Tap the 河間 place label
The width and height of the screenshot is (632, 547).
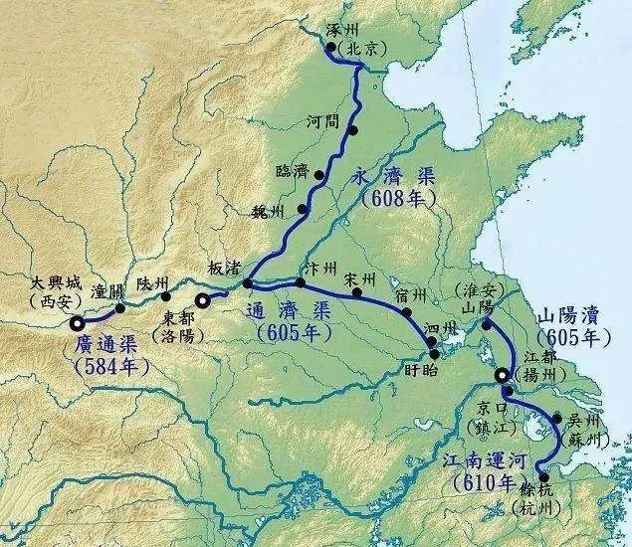tap(324, 120)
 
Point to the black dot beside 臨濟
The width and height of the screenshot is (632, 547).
tap(319, 175)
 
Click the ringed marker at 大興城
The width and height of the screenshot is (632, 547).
tap(78, 322)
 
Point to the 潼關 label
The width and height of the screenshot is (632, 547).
tap(106, 292)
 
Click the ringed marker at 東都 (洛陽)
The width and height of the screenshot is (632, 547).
tap(203, 298)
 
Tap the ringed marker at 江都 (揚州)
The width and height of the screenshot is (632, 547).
tap(504, 375)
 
